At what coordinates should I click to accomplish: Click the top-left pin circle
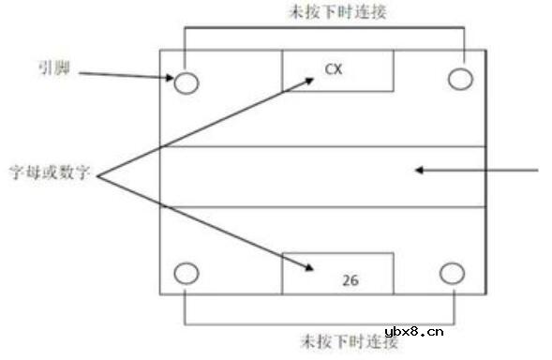(x=186, y=82)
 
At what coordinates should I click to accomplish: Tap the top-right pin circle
(x=459, y=79)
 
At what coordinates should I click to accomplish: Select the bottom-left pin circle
(x=186, y=274)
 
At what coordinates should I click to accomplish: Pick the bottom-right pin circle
(x=452, y=273)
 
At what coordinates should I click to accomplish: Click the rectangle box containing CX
(x=337, y=71)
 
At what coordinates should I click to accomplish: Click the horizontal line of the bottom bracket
(x=320, y=325)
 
